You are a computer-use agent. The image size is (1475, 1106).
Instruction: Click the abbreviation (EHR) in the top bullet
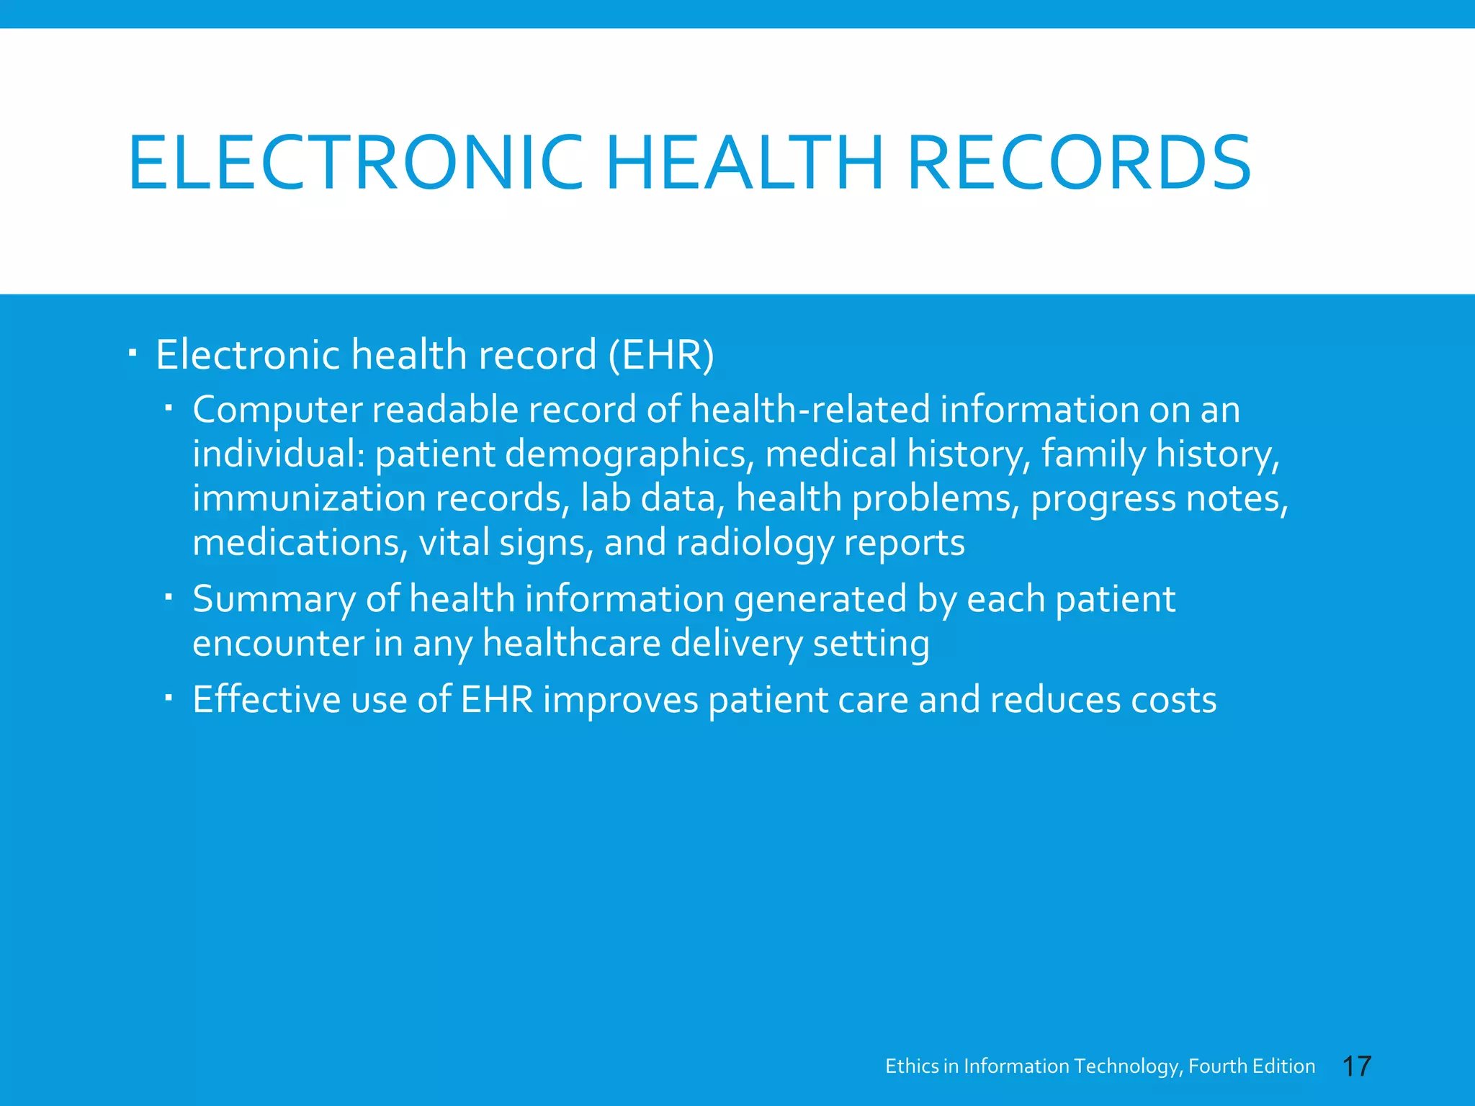click(x=661, y=355)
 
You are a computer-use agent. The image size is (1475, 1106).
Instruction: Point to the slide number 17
click(x=1357, y=1066)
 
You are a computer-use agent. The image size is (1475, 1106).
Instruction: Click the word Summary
click(x=274, y=599)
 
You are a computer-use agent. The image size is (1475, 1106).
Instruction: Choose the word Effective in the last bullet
click(x=266, y=700)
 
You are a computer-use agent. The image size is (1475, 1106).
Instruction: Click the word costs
click(x=1173, y=700)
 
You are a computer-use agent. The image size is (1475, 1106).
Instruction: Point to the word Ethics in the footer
click(x=912, y=1066)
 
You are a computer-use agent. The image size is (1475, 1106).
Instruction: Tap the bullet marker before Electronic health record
click(x=133, y=354)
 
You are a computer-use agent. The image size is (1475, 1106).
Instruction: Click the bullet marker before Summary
click(x=169, y=597)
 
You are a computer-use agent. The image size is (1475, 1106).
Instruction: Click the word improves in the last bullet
click(x=621, y=700)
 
